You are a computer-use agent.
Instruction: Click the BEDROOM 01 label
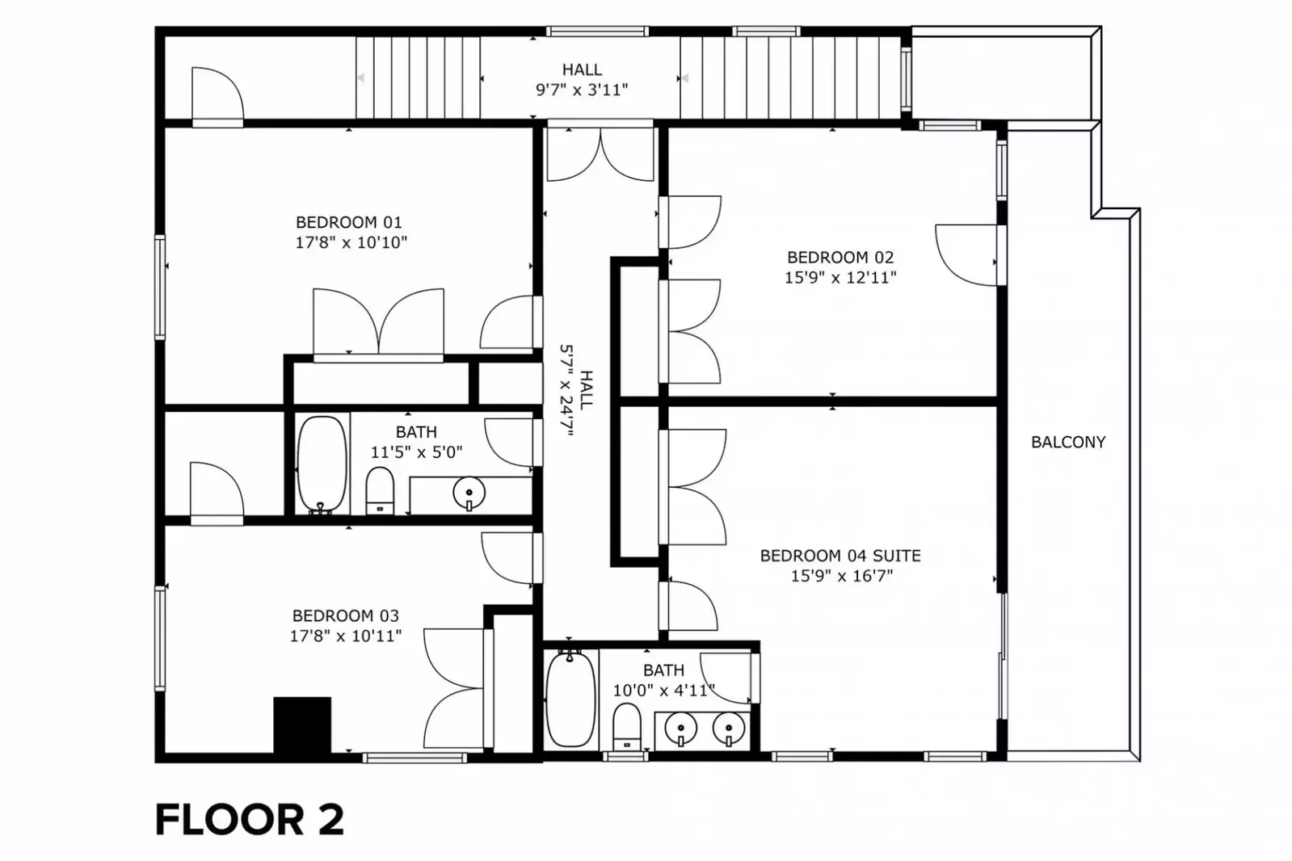(x=348, y=222)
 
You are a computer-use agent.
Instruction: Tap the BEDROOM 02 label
(x=840, y=257)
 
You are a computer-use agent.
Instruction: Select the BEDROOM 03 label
(x=346, y=616)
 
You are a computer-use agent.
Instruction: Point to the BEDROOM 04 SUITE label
(x=840, y=556)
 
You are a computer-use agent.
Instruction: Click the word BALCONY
(x=1068, y=443)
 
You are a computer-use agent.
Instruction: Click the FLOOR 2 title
(x=250, y=820)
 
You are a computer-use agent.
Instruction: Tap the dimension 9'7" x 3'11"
(x=582, y=90)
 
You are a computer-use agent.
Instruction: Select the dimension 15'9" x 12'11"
(x=840, y=277)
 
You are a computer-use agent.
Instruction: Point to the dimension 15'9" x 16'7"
(x=841, y=576)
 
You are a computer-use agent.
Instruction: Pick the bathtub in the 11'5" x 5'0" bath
(x=322, y=464)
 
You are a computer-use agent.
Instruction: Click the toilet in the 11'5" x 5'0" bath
(x=380, y=491)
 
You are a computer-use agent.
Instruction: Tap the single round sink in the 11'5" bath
(x=469, y=493)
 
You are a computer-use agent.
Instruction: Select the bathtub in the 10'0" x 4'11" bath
(x=570, y=699)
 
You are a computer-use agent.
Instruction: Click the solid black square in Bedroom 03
(x=302, y=724)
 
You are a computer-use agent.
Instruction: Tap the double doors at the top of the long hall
(x=600, y=153)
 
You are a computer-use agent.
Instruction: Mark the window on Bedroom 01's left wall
(x=160, y=287)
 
